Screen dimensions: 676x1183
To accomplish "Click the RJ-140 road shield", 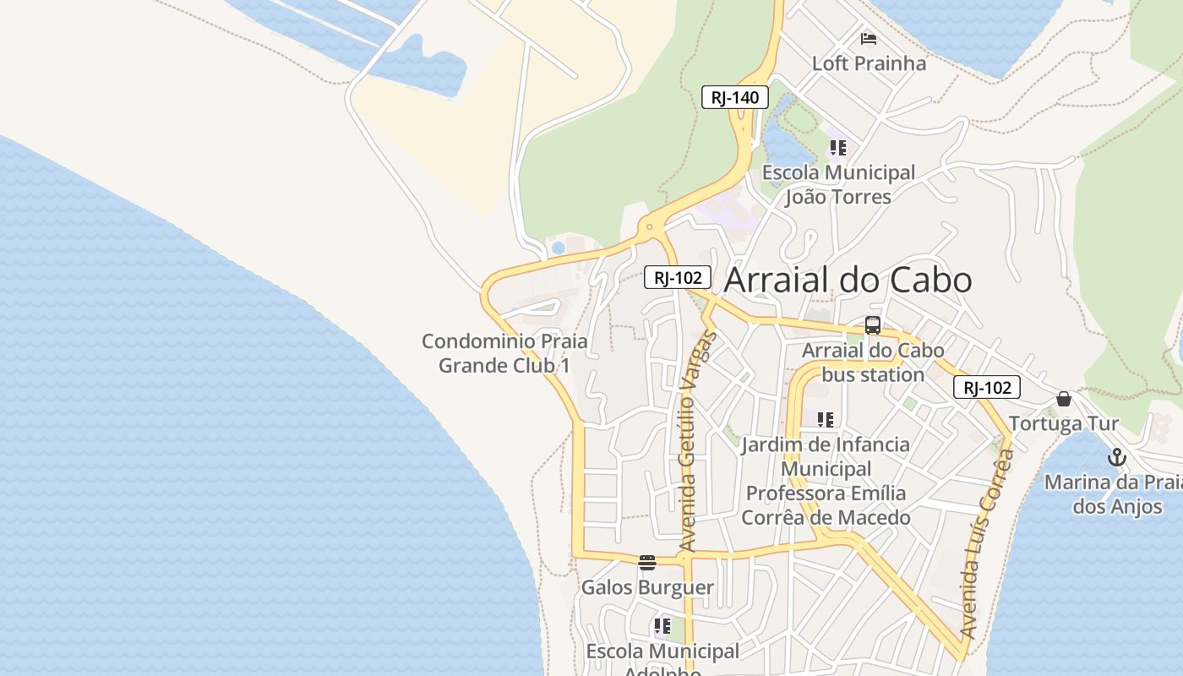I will (734, 97).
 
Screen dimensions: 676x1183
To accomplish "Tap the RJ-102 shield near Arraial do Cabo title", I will (678, 277).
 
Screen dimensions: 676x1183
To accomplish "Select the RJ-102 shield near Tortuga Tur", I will (987, 388).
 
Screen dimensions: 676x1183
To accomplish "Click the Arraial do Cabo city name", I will (848, 281).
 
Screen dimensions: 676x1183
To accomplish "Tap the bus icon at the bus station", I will (873, 325).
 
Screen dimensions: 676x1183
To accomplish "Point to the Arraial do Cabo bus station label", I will (873, 362).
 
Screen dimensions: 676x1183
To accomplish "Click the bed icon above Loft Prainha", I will (868, 38).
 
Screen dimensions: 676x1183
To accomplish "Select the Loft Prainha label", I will (869, 63).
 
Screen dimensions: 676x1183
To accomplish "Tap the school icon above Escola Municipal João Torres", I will (837, 149).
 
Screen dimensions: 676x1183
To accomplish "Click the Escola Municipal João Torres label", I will (838, 185).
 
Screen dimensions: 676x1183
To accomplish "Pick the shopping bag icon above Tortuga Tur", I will (1064, 399).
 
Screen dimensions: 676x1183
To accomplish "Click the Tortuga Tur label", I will (1064, 423).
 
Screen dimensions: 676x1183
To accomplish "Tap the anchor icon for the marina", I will (1117, 458).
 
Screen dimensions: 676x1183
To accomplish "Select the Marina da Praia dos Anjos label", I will (1114, 494).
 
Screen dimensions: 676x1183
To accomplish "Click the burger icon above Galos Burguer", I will (647, 563).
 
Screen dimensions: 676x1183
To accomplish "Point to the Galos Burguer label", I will (647, 587).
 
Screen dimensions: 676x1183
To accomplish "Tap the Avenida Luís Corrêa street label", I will (987, 543).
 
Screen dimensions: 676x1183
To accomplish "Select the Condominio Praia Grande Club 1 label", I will (504, 353).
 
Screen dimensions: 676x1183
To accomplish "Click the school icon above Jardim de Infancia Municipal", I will (826, 419).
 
